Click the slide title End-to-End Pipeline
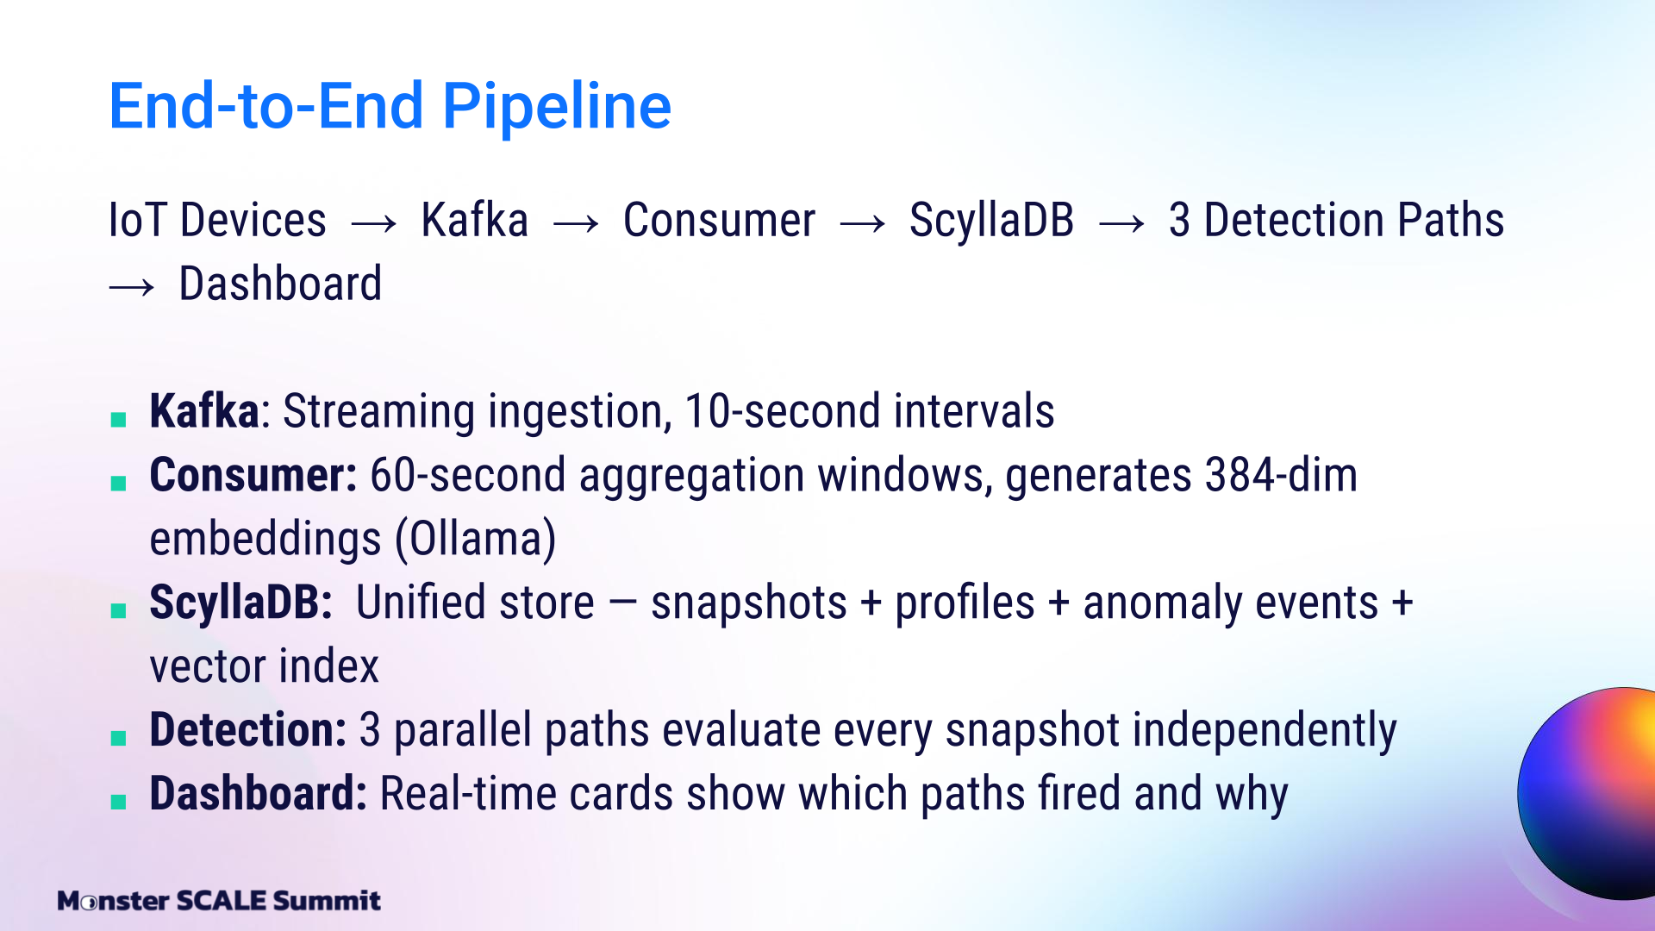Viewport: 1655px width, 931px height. (x=390, y=106)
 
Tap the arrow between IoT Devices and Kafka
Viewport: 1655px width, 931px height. (x=374, y=224)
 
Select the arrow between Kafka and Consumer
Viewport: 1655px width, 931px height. (x=576, y=224)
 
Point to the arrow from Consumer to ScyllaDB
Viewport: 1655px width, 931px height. (x=863, y=224)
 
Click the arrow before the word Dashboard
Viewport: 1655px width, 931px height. (x=132, y=287)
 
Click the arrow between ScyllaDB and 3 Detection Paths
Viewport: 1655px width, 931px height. (x=1121, y=224)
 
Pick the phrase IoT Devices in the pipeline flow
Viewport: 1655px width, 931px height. (x=217, y=220)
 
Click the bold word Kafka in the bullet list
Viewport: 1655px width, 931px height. (x=204, y=410)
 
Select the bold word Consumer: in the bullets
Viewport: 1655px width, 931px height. (x=253, y=475)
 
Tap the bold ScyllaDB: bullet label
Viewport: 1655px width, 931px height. (x=240, y=603)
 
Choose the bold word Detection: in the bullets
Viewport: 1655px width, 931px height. (x=247, y=729)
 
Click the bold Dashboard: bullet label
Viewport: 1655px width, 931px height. (x=259, y=793)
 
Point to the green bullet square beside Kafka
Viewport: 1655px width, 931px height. (x=119, y=420)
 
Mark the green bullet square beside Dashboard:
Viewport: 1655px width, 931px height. (x=119, y=803)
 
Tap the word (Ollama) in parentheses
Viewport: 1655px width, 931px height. (x=476, y=540)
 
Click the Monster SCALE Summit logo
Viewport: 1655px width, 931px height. (x=219, y=901)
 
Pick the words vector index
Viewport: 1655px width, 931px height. (x=264, y=666)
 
